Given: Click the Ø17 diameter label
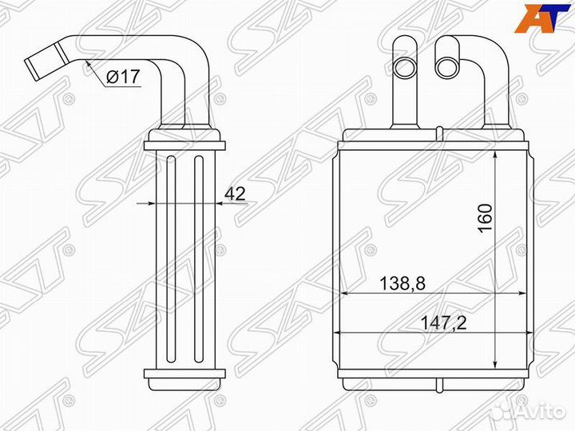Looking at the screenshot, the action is [x=123, y=77].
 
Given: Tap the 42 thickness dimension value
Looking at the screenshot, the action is [x=235, y=193].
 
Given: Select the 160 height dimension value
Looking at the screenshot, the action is [x=485, y=218].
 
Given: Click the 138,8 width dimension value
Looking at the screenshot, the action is [x=402, y=283].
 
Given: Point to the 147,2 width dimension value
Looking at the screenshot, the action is [x=443, y=323].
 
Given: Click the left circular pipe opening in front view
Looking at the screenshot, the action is [x=405, y=67].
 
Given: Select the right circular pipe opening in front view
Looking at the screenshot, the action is [x=447, y=67].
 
